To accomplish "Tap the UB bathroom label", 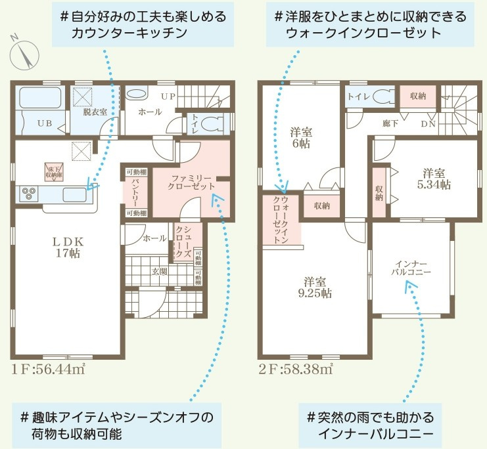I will [45, 123].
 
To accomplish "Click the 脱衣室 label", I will [95, 112].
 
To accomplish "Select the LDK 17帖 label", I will [66, 246].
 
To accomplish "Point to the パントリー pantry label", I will [134, 192].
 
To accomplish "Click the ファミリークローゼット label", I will [191, 182].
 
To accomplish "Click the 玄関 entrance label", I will [160, 270].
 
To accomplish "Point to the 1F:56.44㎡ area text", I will [49, 368].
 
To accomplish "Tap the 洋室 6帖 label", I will [302, 137].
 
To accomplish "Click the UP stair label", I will [168, 96].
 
